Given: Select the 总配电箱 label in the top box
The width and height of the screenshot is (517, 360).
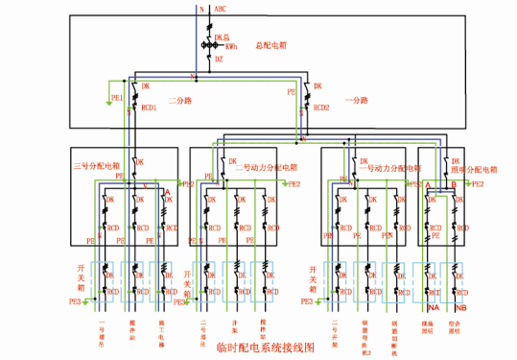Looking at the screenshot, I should click(272, 45).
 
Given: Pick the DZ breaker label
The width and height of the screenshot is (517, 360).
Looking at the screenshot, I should click(219, 60).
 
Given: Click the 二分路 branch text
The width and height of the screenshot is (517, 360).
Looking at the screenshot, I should click(182, 99).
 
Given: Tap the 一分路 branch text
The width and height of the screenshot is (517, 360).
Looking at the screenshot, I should click(357, 99).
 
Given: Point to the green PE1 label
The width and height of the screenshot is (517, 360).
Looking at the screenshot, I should click(117, 98).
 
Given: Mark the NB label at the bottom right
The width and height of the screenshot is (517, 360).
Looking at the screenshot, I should click(460, 307).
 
